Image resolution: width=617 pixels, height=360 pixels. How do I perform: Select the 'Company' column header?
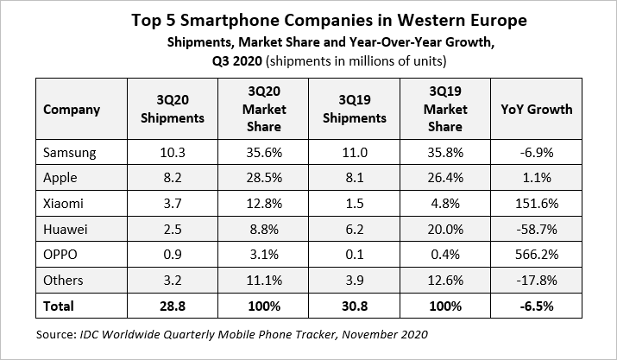(72, 110)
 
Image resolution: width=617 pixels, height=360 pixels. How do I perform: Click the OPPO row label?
(60, 255)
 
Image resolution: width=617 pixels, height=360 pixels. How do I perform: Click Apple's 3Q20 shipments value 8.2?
(170, 179)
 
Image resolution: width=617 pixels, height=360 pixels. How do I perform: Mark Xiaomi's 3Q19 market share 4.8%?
(446, 204)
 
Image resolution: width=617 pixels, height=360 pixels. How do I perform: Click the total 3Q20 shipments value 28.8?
(170, 306)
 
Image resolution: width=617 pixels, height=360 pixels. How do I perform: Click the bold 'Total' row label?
(59, 306)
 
